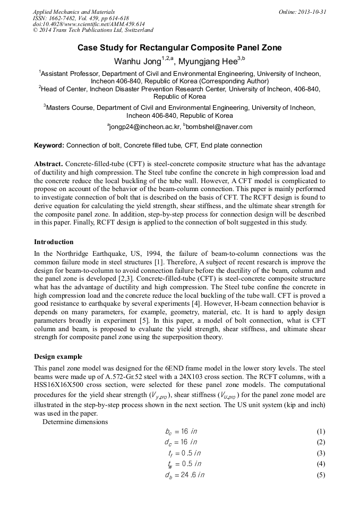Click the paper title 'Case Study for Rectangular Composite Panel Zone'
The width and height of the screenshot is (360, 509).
tap(179, 48)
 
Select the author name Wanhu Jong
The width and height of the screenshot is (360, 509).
tap(136, 61)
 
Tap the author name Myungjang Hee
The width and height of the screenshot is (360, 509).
tap(208, 61)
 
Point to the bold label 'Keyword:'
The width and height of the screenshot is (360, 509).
tap(49, 145)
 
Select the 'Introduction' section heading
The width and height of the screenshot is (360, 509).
tap(54, 241)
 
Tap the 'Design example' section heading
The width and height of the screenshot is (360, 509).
tap(58, 356)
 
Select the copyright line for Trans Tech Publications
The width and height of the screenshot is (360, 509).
tap(93, 31)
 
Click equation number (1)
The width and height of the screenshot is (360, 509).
tap(320, 431)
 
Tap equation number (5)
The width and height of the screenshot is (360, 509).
tap(320, 475)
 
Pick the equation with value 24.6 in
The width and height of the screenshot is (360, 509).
tap(184, 475)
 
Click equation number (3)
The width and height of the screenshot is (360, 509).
tap(320, 453)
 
